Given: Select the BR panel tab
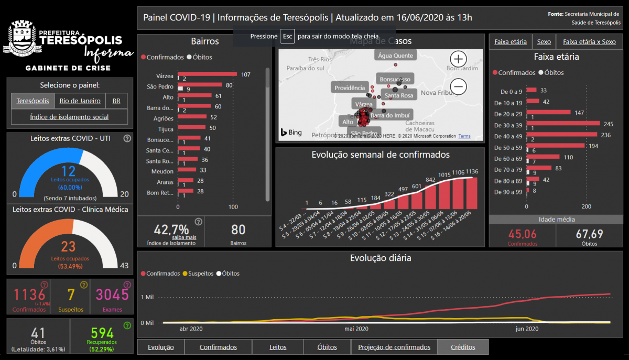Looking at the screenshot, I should pyautogui.click(x=116, y=101).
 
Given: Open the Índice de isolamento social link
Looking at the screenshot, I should pyautogui.click(x=69, y=117).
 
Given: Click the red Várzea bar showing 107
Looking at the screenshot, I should pyautogui.click(x=208, y=74).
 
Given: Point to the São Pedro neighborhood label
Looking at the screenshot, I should pyautogui.click(x=160, y=86).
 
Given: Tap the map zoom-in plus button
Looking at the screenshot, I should pyautogui.click(x=458, y=59).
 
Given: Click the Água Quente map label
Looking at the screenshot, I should pyautogui.click(x=395, y=56).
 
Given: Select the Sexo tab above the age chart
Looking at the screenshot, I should pyautogui.click(x=544, y=42).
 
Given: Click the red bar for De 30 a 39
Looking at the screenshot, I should pyautogui.click(x=563, y=124).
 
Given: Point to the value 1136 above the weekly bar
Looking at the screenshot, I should pyautogui.click(x=472, y=171).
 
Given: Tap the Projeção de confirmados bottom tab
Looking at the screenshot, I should pyautogui.click(x=394, y=347).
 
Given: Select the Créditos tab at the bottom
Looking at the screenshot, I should pyautogui.click(x=463, y=347).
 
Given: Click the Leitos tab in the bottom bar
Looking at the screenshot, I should pyautogui.click(x=278, y=347).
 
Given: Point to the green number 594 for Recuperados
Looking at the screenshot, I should pyautogui.click(x=102, y=333).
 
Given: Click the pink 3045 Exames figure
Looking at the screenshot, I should pyautogui.click(x=112, y=295).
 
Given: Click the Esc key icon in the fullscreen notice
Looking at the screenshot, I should pyautogui.click(x=287, y=36).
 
